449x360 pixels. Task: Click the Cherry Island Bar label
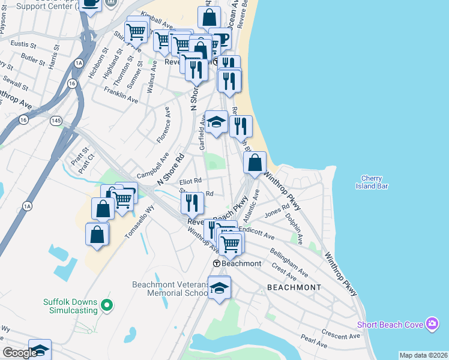(x=375, y=182)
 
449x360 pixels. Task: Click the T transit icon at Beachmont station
(x=216, y=263)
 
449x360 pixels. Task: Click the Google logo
(x=19, y=353)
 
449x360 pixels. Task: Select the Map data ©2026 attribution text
(x=423, y=355)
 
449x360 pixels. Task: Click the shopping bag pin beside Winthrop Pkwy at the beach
(x=255, y=163)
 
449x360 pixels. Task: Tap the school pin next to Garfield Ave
(x=216, y=122)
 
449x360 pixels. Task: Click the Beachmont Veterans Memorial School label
(x=170, y=289)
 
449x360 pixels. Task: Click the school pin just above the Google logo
(x=40, y=349)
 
